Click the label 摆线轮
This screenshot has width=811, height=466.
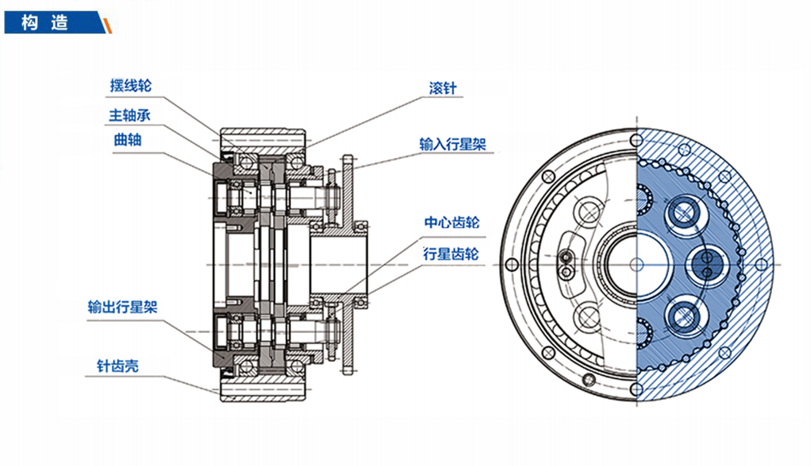pos(130,86)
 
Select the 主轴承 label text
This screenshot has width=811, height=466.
pos(129,115)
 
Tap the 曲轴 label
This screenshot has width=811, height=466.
pos(127,140)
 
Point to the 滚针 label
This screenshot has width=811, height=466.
pos(442,88)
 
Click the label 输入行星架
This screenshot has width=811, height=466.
pos(452,144)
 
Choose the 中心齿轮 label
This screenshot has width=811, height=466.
pos(452,222)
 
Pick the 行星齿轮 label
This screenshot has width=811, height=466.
pos(451,254)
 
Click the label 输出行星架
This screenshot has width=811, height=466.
pos(123,307)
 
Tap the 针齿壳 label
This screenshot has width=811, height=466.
pos(118,366)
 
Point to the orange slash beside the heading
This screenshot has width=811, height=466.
pos(108,25)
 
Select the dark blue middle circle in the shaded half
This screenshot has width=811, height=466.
pos(707,265)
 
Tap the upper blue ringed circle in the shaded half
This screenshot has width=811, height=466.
pos(684,214)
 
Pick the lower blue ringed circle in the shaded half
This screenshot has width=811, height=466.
pos(684,316)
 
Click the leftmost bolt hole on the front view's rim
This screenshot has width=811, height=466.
pos(512,265)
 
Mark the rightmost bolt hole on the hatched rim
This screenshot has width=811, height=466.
pos(762,265)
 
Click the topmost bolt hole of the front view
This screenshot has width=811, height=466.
pos(637,140)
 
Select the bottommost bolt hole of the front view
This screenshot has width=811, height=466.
pos(637,389)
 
